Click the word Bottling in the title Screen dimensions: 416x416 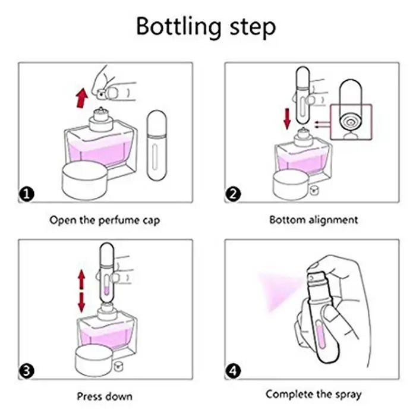tap(178, 27)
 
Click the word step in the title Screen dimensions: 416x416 tap(253, 28)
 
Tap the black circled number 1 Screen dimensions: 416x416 tap(27, 194)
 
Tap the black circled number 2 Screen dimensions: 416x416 tap(233, 194)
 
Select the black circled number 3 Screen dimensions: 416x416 tap(27, 371)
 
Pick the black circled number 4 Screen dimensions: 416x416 tap(233, 371)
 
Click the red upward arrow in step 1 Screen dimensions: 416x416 tap(82, 98)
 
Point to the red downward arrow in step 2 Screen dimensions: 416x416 tap(287, 119)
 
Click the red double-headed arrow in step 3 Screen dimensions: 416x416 tap(81, 291)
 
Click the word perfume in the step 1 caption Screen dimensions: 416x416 tap(117, 220)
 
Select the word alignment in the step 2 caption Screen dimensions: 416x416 tap(333, 220)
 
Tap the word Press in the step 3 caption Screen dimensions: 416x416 tap(89, 396)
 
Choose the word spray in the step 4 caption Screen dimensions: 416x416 tap(348, 395)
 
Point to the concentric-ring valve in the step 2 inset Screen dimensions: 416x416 tap(351, 122)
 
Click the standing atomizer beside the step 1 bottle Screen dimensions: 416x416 tap(156, 146)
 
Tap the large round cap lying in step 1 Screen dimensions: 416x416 tap(85, 181)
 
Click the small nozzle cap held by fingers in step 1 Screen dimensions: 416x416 tap(102, 94)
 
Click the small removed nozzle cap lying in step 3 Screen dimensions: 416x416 tap(118, 366)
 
